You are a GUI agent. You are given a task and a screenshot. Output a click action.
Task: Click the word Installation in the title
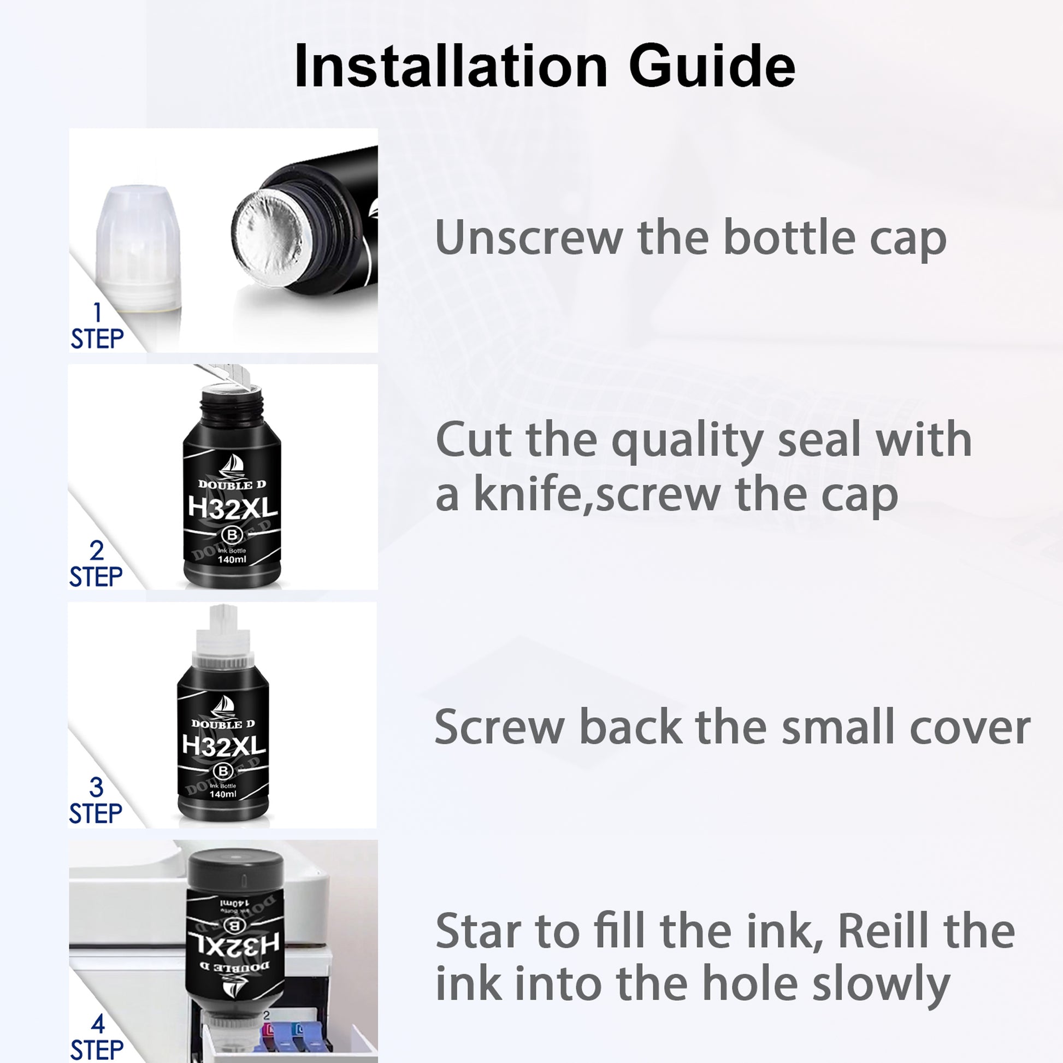[451, 66]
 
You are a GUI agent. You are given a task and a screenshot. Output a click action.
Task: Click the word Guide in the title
[712, 66]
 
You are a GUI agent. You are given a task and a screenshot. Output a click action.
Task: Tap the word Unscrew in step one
[529, 238]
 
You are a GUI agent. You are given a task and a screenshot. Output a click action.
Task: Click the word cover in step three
[970, 728]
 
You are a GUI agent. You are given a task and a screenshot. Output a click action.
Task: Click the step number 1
[97, 312]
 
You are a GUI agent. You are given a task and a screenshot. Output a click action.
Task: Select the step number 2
[97, 551]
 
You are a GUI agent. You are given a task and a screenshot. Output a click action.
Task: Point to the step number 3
[96, 787]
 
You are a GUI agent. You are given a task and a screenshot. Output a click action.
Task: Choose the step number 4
[98, 1024]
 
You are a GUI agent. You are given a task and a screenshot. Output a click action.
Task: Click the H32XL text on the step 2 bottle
[232, 508]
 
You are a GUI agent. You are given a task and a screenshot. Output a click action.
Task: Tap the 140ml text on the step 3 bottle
[223, 794]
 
